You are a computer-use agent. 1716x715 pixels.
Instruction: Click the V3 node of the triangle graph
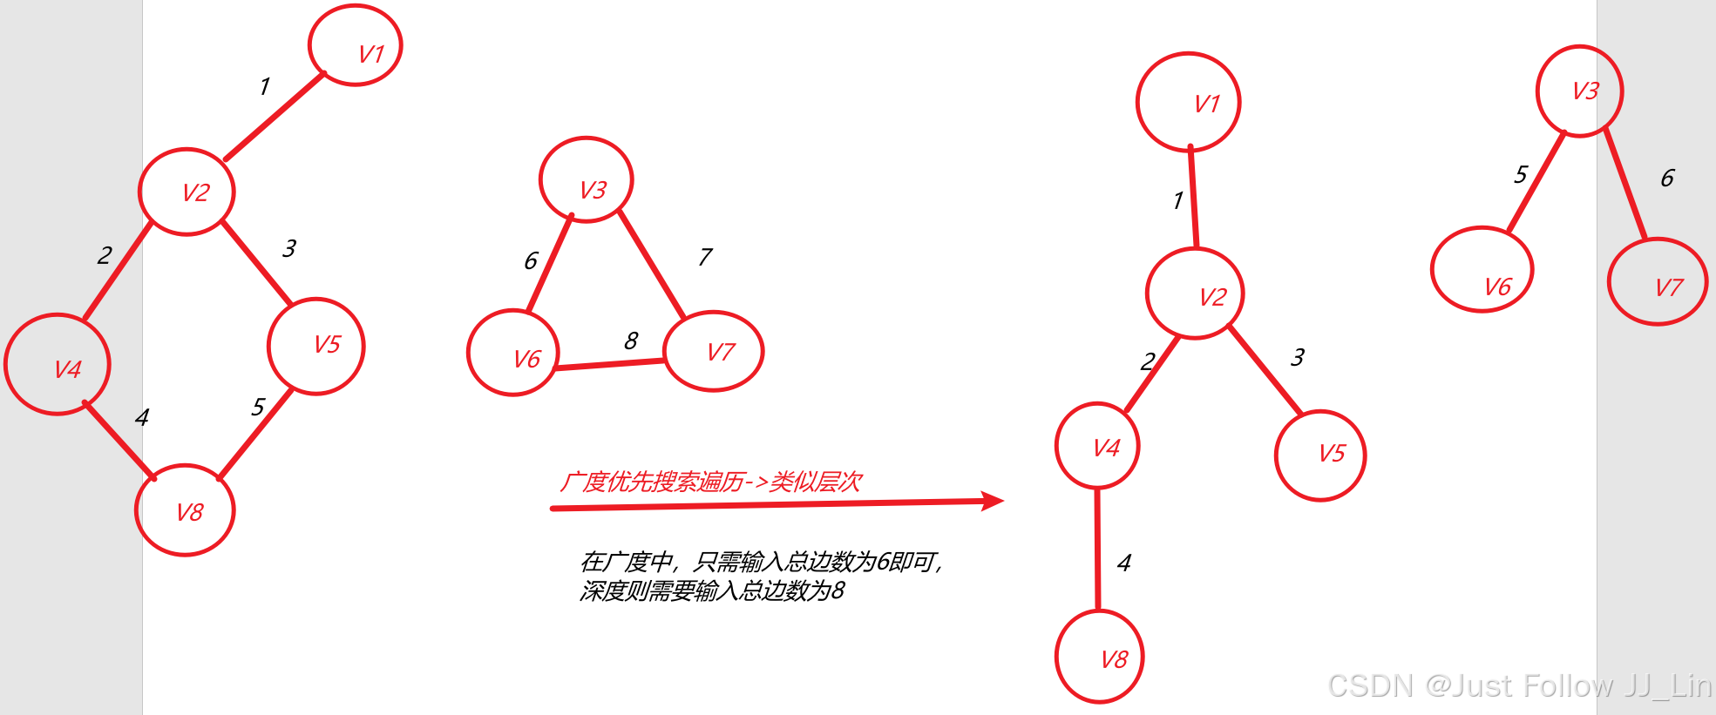click(586, 180)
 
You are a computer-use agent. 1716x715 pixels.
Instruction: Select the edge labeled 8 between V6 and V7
click(610, 364)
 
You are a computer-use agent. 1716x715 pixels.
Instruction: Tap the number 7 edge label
click(705, 257)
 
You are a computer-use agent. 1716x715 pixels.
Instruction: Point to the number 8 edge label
click(631, 341)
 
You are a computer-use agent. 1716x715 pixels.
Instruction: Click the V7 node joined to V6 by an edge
click(714, 351)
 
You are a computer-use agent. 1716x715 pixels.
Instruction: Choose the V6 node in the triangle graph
click(513, 352)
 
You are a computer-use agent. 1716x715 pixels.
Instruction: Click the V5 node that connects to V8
click(316, 346)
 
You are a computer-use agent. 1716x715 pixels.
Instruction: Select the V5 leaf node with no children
click(1320, 455)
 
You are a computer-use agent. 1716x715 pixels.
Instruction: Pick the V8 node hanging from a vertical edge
click(1099, 657)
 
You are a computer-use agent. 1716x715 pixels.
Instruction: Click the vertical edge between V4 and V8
click(1097, 549)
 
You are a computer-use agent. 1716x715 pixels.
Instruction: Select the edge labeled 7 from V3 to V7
click(652, 265)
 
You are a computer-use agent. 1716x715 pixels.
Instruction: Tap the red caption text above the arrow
click(710, 482)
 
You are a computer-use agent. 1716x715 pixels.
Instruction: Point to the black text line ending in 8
click(712, 591)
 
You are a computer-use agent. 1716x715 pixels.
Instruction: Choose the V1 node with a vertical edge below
click(1188, 102)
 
